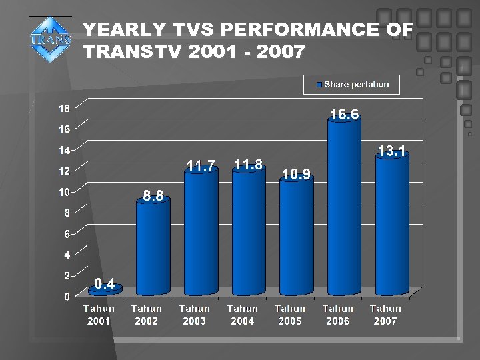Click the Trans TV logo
[51, 39]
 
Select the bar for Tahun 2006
[344, 207]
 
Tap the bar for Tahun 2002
[153, 247]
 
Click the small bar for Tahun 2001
[105, 291]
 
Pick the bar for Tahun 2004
[248, 230]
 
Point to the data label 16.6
[345, 115]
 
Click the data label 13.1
[392, 151]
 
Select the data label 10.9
[296, 174]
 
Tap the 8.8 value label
[153, 196]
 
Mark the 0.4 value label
[105, 285]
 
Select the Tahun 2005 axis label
[290, 315]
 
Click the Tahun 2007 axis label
[385, 315]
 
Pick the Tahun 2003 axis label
[194, 315]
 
